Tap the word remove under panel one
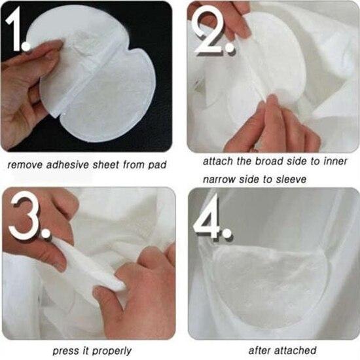pyautogui.click(x=25, y=165)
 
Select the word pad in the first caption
pyautogui.click(x=157, y=165)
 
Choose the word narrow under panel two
pyautogui.click(x=219, y=179)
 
